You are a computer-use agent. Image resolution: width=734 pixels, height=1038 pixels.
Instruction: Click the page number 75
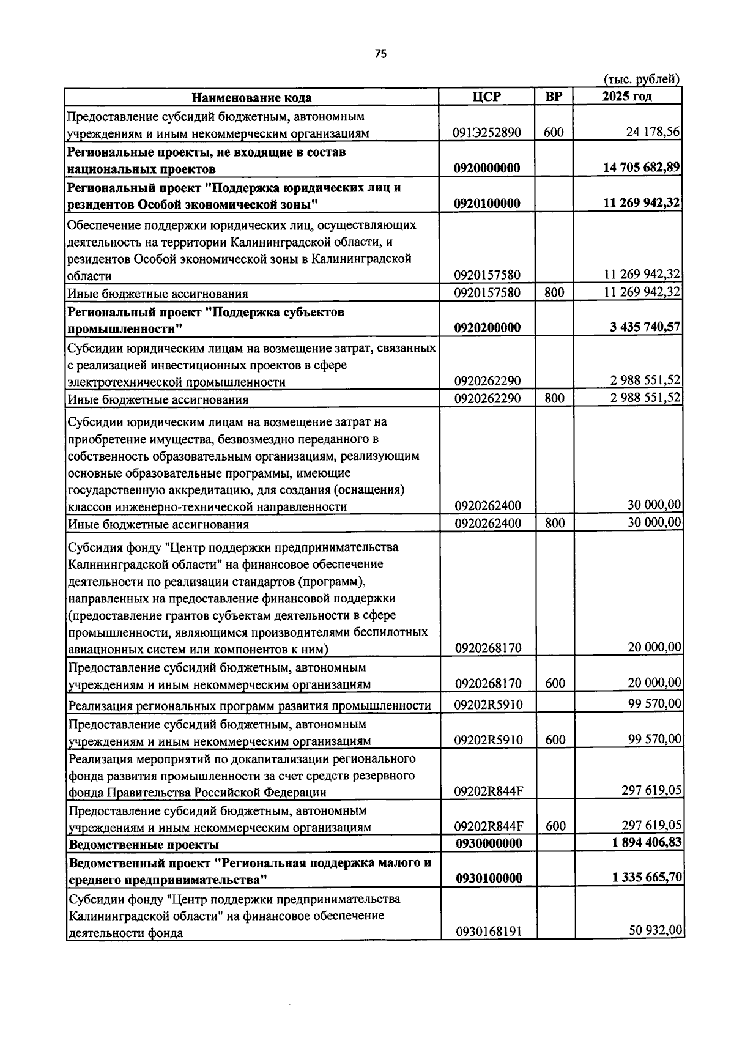click(x=380, y=54)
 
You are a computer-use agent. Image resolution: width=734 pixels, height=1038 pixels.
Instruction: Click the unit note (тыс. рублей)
click(x=641, y=79)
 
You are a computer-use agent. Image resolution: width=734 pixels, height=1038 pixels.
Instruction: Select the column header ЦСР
click(x=487, y=97)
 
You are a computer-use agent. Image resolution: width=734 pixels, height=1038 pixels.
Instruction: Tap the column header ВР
click(x=554, y=97)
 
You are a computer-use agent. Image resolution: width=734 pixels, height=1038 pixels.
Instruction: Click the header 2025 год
click(x=627, y=97)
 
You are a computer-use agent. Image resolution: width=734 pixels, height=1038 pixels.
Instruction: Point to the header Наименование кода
click(x=251, y=98)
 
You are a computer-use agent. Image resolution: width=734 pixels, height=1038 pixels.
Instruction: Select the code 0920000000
click(x=487, y=168)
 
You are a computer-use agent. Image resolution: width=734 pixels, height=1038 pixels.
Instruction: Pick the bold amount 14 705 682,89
click(x=642, y=168)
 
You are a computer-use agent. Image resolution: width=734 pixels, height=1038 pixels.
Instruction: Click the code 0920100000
click(x=487, y=204)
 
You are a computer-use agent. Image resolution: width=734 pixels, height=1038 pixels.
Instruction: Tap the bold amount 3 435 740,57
click(x=645, y=327)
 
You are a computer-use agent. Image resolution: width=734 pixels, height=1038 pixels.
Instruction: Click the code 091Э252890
click(x=487, y=133)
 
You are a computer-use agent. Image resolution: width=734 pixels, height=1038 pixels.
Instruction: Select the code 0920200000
click(x=487, y=328)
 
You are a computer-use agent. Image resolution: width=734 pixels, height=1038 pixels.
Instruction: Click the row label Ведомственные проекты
click(x=144, y=845)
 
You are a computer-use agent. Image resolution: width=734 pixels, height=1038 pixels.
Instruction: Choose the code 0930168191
click(x=487, y=932)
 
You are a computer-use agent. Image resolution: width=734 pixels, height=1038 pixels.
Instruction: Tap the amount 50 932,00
click(x=655, y=930)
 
